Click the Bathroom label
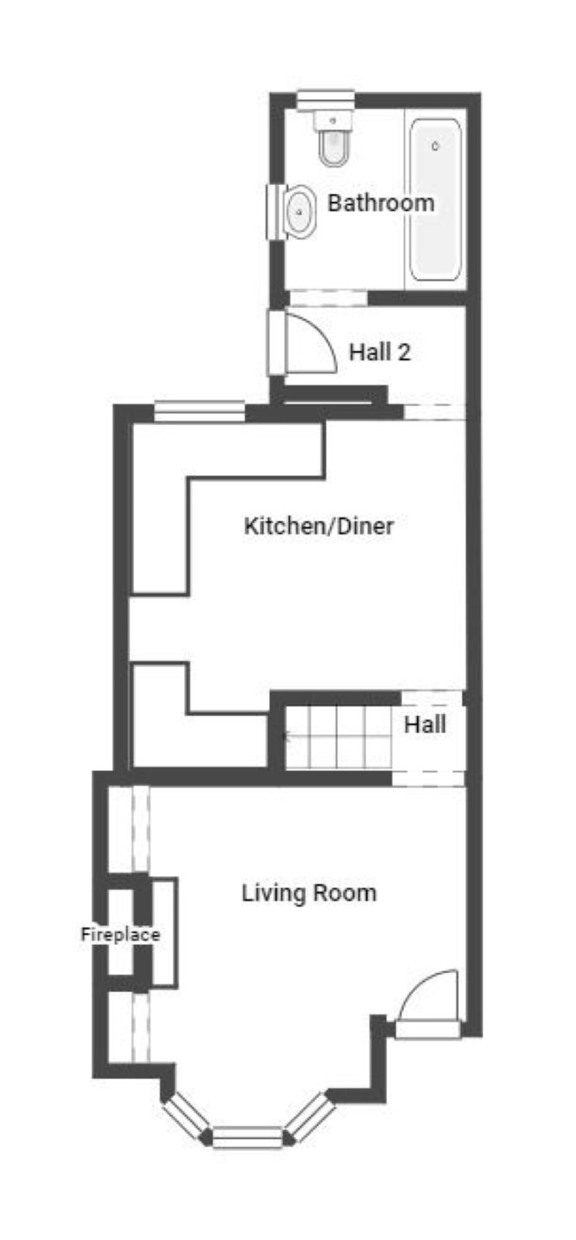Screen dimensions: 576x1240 (x=381, y=202)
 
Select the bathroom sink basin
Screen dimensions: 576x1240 (x=299, y=211)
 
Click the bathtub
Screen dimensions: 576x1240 (x=435, y=200)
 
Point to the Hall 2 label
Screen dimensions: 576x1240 (x=380, y=352)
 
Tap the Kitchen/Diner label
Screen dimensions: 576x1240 (x=319, y=525)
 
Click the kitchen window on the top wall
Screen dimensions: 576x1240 (x=199, y=412)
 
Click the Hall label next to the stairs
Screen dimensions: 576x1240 (x=425, y=725)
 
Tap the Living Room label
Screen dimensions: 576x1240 (x=309, y=893)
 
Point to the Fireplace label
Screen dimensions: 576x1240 (x=120, y=935)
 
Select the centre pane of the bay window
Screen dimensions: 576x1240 (x=248, y=1137)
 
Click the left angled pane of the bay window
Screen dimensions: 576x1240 (x=187, y=1117)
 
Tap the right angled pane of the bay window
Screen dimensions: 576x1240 (x=311, y=1117)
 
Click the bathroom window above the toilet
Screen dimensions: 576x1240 (x=325, y=100)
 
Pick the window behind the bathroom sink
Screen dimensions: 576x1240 (x=275, y=212)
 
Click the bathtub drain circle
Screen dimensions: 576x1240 (x=435, y=146)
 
